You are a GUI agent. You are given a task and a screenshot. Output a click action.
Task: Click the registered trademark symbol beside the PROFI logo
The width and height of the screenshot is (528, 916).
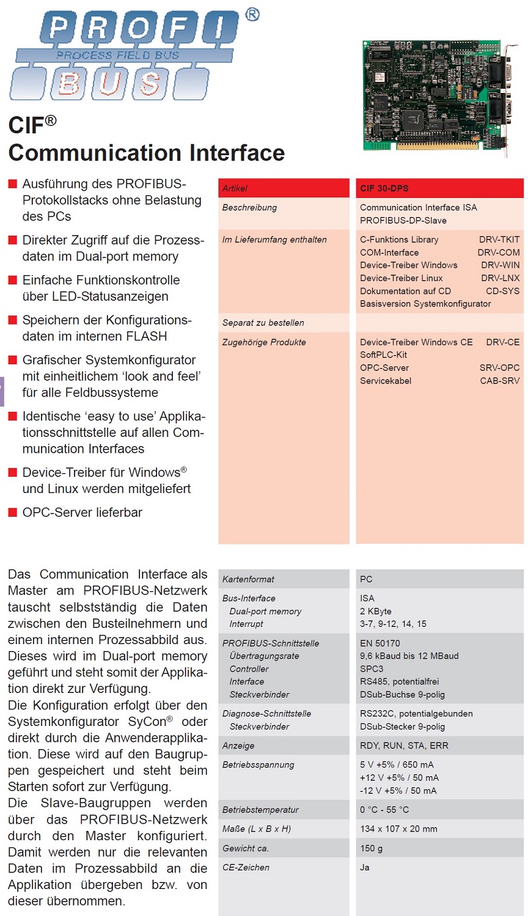pos(251,15)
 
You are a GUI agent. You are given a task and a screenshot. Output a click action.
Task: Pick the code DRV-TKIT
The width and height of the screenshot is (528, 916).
pos(499,240)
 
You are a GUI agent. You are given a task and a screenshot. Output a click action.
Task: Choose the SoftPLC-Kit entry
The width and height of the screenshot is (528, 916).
pos(383,355)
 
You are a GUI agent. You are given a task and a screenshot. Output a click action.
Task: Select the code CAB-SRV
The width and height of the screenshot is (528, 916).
pos(500,381)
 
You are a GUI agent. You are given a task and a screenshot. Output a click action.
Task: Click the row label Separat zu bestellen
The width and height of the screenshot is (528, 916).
pos(263,323)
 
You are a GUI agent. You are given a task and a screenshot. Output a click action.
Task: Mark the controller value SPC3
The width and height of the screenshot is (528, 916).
pos(372,669)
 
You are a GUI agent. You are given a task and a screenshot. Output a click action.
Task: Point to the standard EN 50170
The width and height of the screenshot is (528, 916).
pos(380,643)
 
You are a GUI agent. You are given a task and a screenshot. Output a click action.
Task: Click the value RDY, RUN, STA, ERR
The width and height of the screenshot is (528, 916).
pos(403,746)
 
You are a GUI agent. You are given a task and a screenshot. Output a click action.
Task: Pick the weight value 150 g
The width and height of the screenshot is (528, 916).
pos(372,848)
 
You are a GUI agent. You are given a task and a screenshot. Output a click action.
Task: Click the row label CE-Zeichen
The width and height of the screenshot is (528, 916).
pos(246,867)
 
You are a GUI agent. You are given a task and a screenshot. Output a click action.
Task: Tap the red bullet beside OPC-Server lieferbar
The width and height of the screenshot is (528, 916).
pos(12,513)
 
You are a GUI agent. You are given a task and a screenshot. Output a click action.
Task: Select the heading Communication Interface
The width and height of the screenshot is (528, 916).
pos(147,152)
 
